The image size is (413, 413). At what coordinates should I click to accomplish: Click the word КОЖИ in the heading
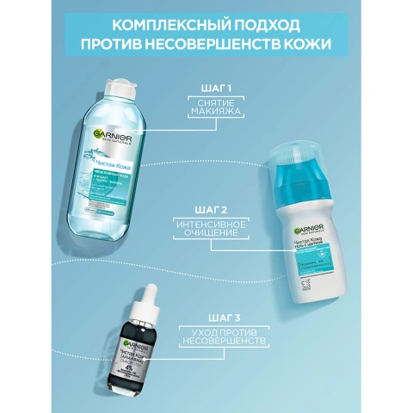click(x=309, y=45)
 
